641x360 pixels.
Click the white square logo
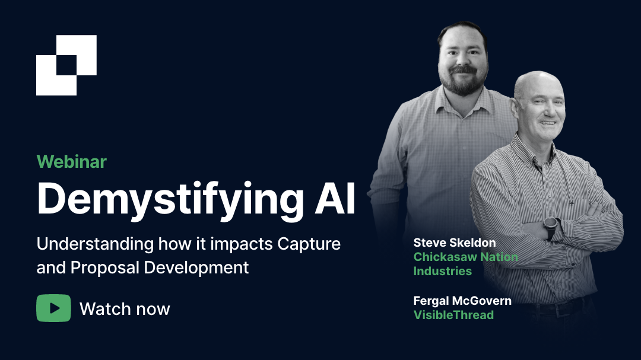[x=66, y=65]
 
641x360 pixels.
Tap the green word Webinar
[x=71, y=161]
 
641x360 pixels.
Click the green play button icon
[x=53, y=308]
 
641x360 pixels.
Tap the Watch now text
[x=125, y=309]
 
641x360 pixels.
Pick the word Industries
[x=442, y=271]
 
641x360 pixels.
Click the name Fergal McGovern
[x=462, y=301]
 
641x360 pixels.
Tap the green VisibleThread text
[x=453, y=315]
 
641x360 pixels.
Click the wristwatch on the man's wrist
[x=551, y=227]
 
